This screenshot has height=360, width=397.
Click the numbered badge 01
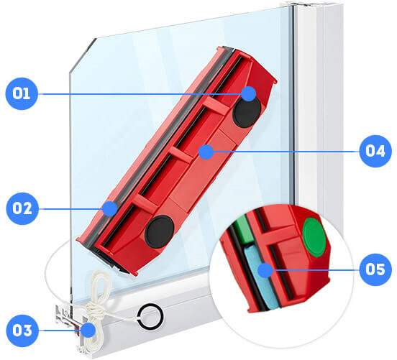click(22, 93)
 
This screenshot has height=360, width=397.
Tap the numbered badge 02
click(22, 208)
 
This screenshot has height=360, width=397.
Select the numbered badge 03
click(22, 331)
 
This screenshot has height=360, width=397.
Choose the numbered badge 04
click(375, 151)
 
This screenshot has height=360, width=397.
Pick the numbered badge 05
click(375, 269)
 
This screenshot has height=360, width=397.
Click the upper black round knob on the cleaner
click(247, 111)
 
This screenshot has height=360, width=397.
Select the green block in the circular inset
click(243, 229)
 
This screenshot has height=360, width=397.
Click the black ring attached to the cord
click(150, 317)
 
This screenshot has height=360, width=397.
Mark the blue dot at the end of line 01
click(248, 94)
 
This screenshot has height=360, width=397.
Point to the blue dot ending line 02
click(110, 208)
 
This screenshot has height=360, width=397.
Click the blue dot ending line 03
click(88, 330)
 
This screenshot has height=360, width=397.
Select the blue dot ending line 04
click(206, 152)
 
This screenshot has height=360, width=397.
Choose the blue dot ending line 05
click(265, 270)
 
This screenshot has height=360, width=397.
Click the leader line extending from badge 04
click(286, 152)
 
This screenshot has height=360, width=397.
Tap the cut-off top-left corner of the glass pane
click(82, 55)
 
